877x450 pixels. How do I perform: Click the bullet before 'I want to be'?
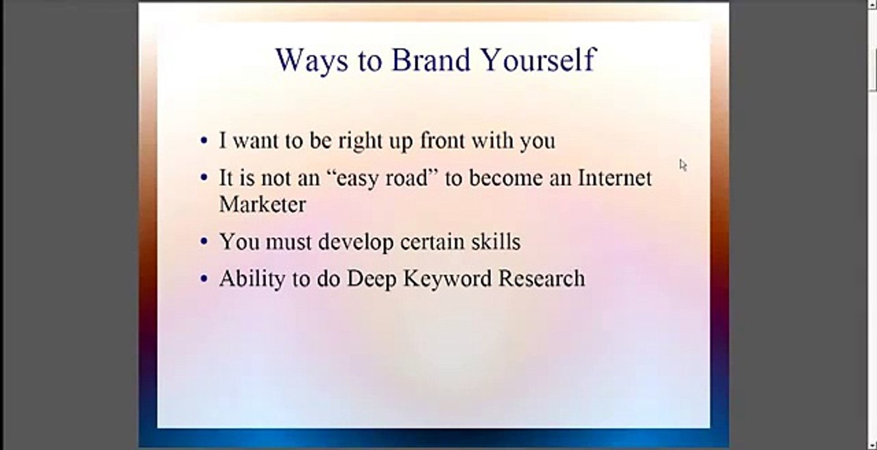(x=204, y=141)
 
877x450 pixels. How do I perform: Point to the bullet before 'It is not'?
(x=204, y=178)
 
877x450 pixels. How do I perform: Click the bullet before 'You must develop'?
(x=204, y=241)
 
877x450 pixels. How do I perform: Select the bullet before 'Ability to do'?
(x=204, y=279)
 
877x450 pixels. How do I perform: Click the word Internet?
(x=615, y=178)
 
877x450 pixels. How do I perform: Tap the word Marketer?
(x=262, y=204)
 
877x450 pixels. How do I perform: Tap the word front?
(x=442, y=141)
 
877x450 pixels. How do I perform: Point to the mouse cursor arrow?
(x=683, y=165)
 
